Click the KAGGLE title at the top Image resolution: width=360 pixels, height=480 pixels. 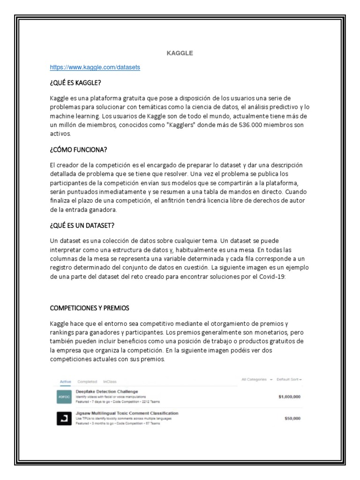[x=180, y=53]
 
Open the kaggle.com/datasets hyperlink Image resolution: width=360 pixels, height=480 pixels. [x=95, y=67]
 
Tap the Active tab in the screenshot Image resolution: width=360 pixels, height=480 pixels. [x=66, y=382]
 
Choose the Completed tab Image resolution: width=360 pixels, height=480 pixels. [x=87, y=382]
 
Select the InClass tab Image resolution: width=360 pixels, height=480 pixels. [x=110, y=382]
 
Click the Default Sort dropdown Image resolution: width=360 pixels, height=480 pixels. [x=289, y=379]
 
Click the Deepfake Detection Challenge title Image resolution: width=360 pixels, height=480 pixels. [x=107, y=391]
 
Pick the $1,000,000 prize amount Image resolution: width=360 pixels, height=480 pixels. [x=289, y=397]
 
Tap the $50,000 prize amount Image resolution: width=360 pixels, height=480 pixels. [x=292, y=419]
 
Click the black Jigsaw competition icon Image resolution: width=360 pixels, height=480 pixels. [x=64, y=418]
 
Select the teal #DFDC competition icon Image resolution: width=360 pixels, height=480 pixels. [x=64, y=397]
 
